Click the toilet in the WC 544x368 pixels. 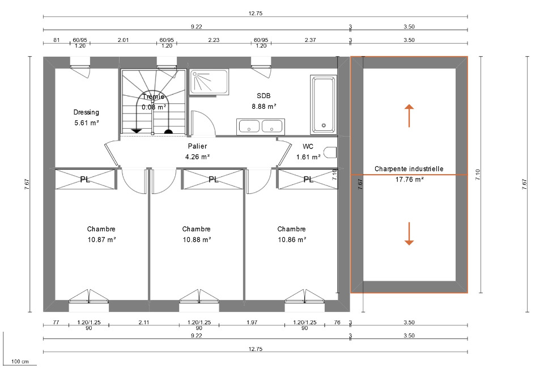330,153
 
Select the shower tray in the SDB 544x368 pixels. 209,82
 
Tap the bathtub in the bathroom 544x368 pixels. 324,104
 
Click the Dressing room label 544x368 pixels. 86,112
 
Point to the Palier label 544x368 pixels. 197,146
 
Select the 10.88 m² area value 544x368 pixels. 197,239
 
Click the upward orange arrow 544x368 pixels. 409,116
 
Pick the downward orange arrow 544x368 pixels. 409,234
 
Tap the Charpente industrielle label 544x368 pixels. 409,169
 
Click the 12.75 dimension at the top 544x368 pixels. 256,14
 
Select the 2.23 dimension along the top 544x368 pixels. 214,40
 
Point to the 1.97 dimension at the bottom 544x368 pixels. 252,322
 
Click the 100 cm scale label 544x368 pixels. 20,361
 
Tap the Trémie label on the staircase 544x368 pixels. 154,96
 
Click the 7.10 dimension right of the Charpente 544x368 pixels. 478,174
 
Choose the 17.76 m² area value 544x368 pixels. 409,180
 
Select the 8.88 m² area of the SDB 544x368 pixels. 263,107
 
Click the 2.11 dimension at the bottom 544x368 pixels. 143,322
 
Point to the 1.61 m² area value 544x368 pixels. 308,157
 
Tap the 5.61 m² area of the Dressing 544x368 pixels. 86,123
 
